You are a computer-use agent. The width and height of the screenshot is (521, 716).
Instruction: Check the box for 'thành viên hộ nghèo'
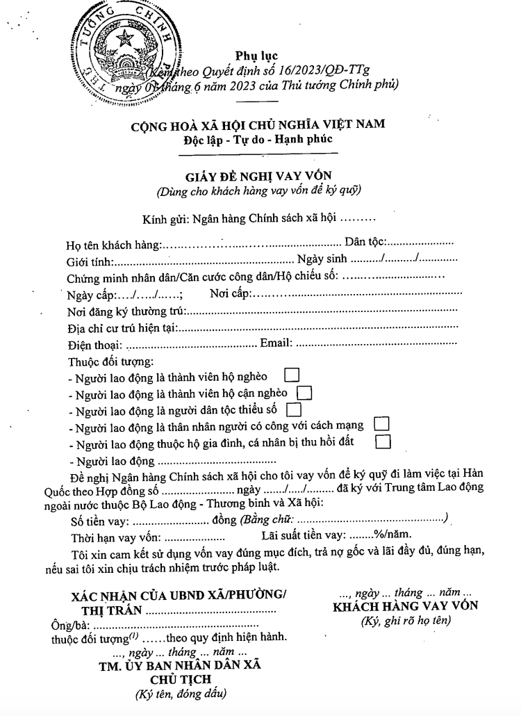coord(292,375)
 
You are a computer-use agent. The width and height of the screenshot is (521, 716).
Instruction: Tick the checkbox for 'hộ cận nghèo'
coord(304,393)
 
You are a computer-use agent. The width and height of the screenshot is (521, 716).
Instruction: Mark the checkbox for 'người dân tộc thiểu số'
coord(294,409)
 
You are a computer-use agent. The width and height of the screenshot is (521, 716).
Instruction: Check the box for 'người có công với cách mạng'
coord(381,423)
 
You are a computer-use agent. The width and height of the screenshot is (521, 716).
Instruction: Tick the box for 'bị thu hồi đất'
coord(383,441)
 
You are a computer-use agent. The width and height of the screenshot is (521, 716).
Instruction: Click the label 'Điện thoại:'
coord(94,344)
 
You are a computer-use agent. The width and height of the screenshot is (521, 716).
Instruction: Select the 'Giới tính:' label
coord(90,261)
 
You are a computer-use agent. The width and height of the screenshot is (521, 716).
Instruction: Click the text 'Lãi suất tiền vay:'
coord(304,535)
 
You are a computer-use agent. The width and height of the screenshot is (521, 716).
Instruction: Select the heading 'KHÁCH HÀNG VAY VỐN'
coord(406,605)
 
